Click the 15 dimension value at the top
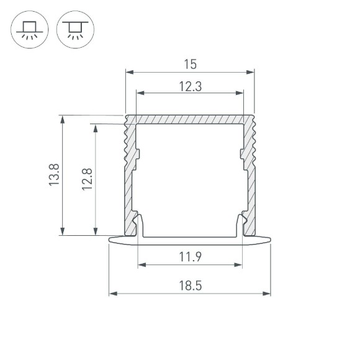tap(190, 63)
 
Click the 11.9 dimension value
tap(190, 256)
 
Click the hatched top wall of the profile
tap(190, 119)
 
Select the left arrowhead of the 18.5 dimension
tap(112, 293)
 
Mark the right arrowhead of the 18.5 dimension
tap(268, 293)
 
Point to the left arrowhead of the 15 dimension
tap(128, 72)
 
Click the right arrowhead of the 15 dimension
tap(251, 72)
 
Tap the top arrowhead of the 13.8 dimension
tap(62, 118)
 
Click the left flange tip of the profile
tap(110, 240)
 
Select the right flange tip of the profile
tap(270, 240)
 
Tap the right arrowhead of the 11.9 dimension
tap(239, 264)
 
